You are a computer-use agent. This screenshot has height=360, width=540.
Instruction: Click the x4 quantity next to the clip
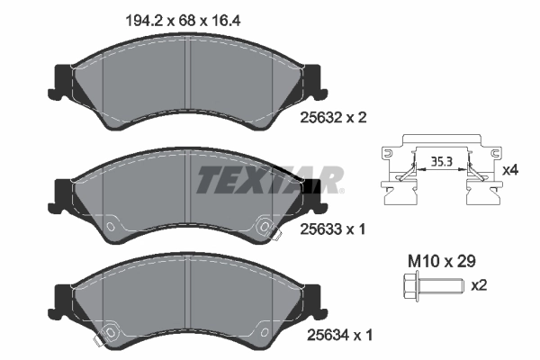coord(510,169)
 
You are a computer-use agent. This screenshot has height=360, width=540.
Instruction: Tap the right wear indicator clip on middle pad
coord(266,228)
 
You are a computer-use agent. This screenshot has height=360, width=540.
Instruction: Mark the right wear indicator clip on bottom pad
coord(266,334)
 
